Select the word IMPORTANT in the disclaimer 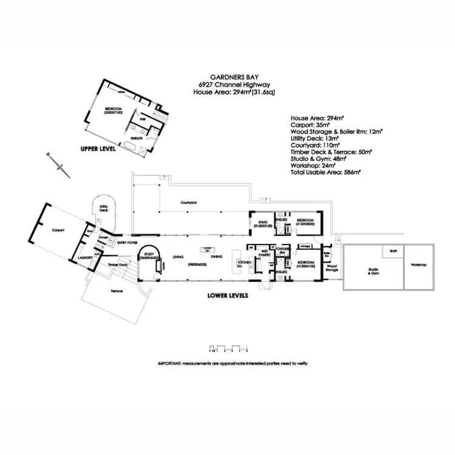coord(169,363)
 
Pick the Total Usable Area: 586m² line coord(326,172)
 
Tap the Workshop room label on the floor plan coord(419,265)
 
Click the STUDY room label coord(149,255)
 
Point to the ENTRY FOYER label coord(128,241)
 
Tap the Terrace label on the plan coord(117,292)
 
